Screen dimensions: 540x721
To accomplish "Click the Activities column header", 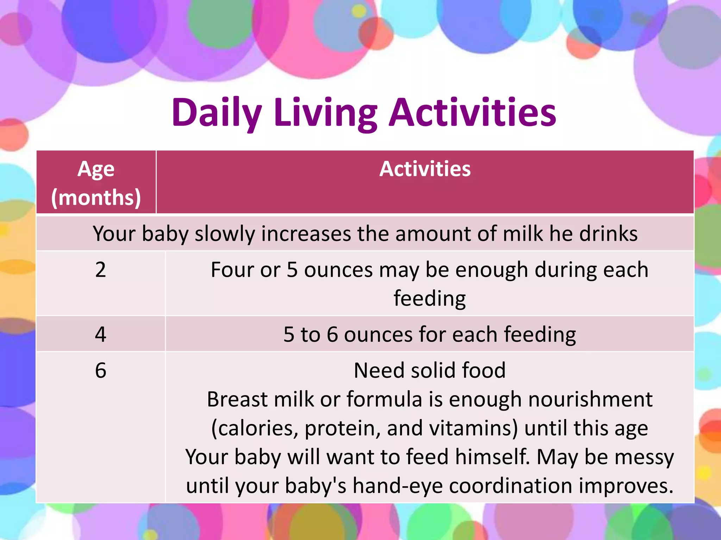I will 425,169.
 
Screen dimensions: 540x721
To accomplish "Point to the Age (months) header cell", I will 96,183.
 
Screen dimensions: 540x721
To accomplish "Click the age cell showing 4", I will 100,334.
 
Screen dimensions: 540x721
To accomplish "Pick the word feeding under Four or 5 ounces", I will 430,298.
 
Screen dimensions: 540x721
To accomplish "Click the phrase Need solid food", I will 430,371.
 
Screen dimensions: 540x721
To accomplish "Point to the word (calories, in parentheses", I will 255,429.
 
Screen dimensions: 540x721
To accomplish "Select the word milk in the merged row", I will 523,234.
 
